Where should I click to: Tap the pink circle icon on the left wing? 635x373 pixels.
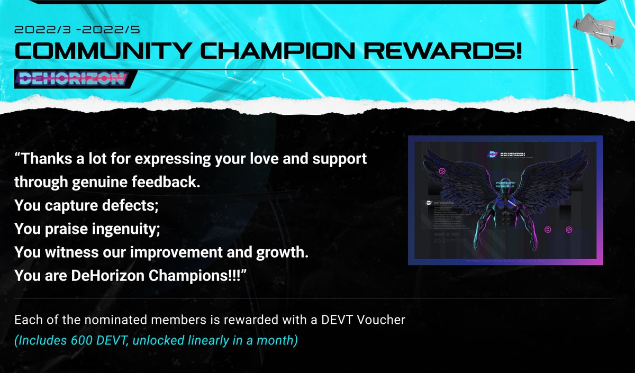pyautogui.click(x=442, y=172)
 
